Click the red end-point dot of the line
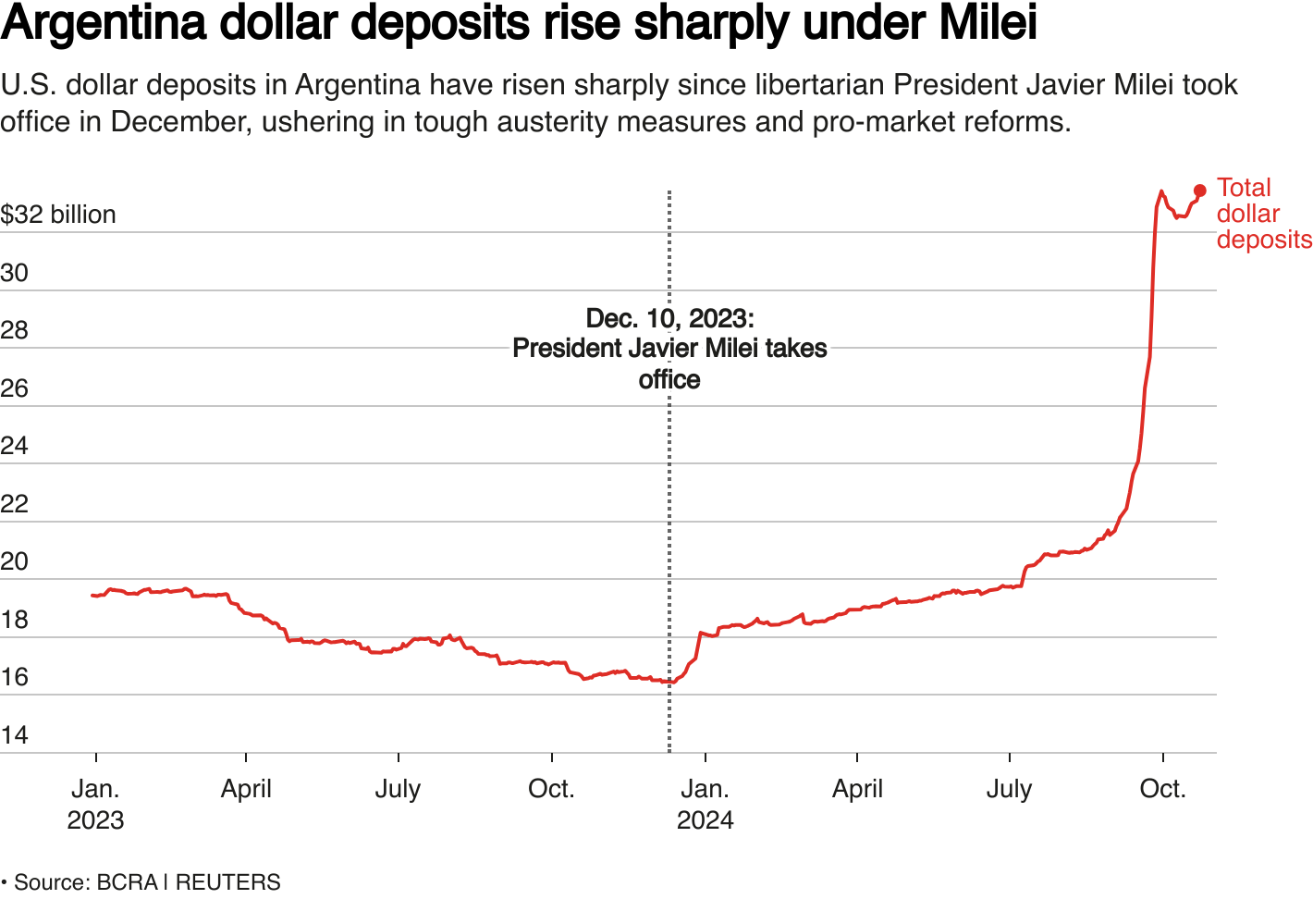coord(1199,191)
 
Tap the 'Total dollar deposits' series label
coord(1262,214)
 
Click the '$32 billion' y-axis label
coord(58,215)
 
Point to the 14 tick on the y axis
coord(14,735)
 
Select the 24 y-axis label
coord(14,446)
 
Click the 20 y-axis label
coord(14,561)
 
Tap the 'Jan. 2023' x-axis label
coord(95,804)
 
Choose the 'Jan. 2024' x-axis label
coord(705,804)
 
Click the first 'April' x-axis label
coord(246,789)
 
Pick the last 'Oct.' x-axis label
coord(1162,789)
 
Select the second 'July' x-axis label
coord(1009,789)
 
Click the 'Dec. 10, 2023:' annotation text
coord(670,319)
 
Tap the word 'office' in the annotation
coord(669,380)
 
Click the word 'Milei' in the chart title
coord(988,22)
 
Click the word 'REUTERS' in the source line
coord(227,882)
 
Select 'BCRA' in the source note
coord(127,882)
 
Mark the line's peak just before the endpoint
coord(1161,192)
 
